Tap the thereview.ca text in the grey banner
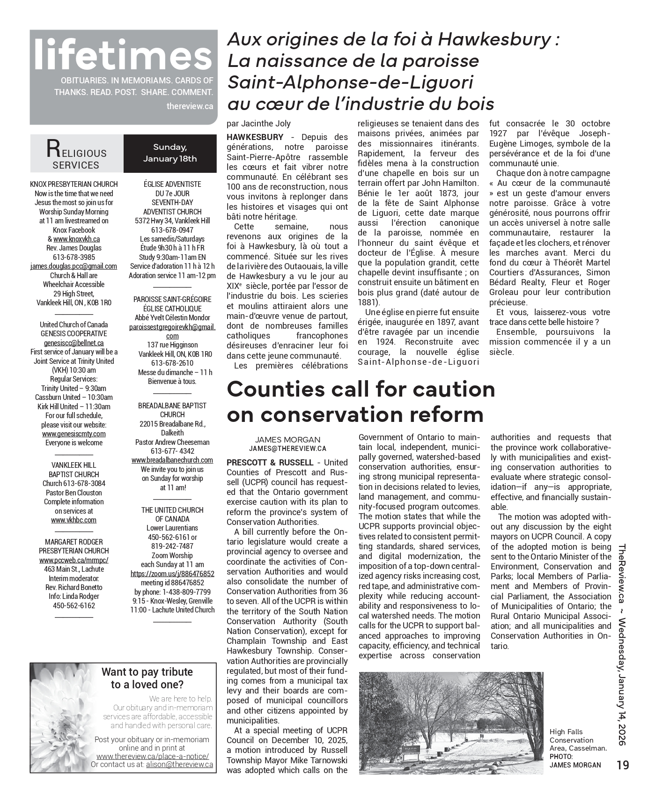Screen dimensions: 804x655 point(190,106)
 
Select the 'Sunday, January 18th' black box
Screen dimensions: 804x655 point(170,153)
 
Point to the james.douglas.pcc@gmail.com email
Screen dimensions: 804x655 point(74,266)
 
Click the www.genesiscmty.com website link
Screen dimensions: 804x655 point(74,434)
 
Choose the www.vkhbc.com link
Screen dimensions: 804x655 point(74,520)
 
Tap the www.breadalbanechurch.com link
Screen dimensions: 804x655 point(172,460)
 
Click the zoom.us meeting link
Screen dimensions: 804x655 point(172,574)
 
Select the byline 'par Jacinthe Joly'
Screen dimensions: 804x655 point(258,124)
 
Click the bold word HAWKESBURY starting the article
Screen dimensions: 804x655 point(255,137)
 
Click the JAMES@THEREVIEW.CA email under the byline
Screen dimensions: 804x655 point(287,448)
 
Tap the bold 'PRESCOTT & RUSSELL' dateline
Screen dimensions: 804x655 point(269,463)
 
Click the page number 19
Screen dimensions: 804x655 point(623,765)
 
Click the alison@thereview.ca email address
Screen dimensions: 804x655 point(179,765)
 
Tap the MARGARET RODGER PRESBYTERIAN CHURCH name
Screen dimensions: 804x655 point(74,546)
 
